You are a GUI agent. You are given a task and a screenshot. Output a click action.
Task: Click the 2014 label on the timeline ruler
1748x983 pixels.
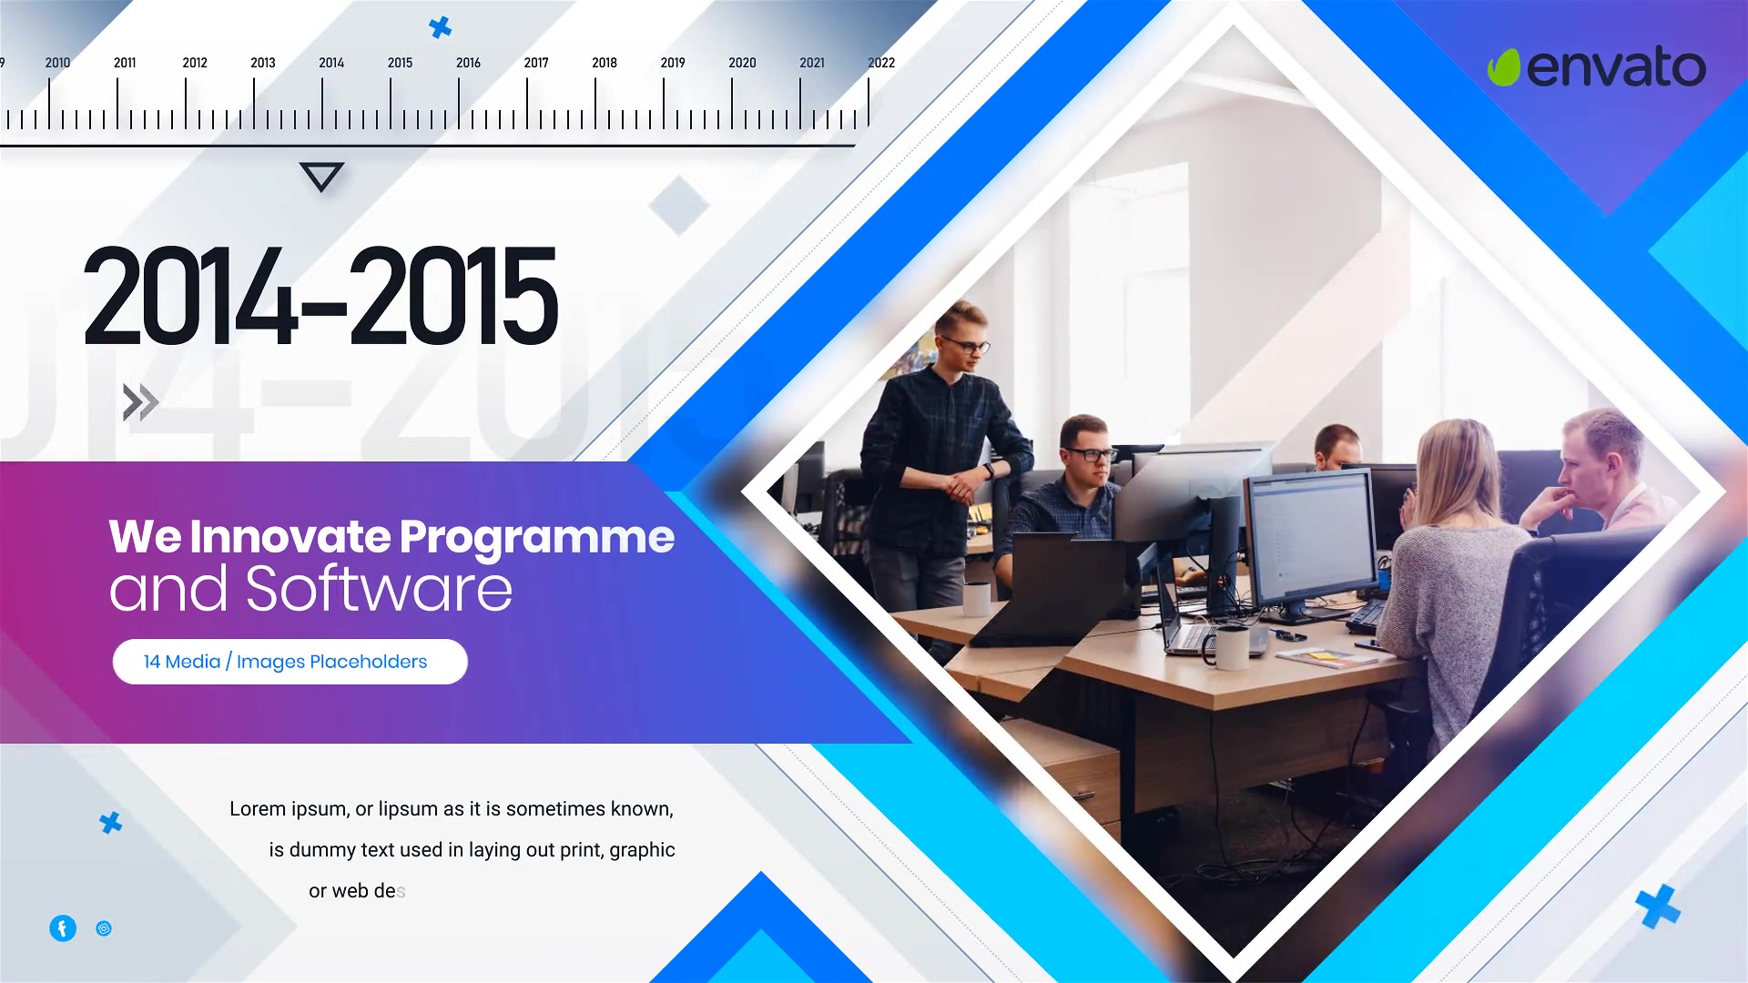[x=331, y=63]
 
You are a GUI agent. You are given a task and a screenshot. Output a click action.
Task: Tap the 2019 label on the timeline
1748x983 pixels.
[x=673, y=63]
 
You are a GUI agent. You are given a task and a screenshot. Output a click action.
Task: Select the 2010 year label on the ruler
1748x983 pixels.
[x=57, y=63]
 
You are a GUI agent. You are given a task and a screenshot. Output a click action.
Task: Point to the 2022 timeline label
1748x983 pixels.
[x=881, y=63]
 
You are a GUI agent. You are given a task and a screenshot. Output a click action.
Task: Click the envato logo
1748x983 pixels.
[x=1596, y=67]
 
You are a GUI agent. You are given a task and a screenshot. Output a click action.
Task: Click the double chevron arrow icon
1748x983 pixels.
[x=140, y=402]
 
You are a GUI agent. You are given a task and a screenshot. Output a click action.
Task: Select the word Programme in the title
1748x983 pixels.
[x=537, y=537]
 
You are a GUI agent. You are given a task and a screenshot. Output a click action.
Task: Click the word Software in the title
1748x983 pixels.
[x=379, y=589]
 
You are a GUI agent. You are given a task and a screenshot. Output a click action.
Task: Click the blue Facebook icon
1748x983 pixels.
[x=63, y=928]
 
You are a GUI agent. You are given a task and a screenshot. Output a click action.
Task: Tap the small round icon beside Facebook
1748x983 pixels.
[x=104, y=928]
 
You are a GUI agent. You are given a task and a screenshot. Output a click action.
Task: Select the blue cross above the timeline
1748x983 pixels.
[x=440, y=27]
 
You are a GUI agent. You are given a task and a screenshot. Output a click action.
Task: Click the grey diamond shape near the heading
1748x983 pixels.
[x=679, y=206]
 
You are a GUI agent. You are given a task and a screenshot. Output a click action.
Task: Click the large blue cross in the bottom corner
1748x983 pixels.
[x=1657, y=907]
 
